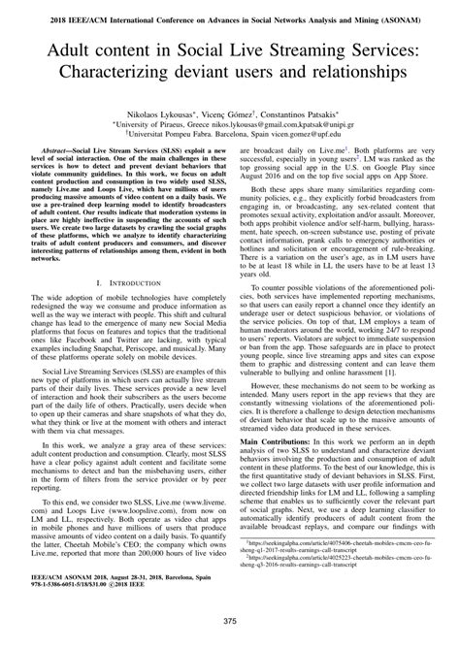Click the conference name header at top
coord(230,12)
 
